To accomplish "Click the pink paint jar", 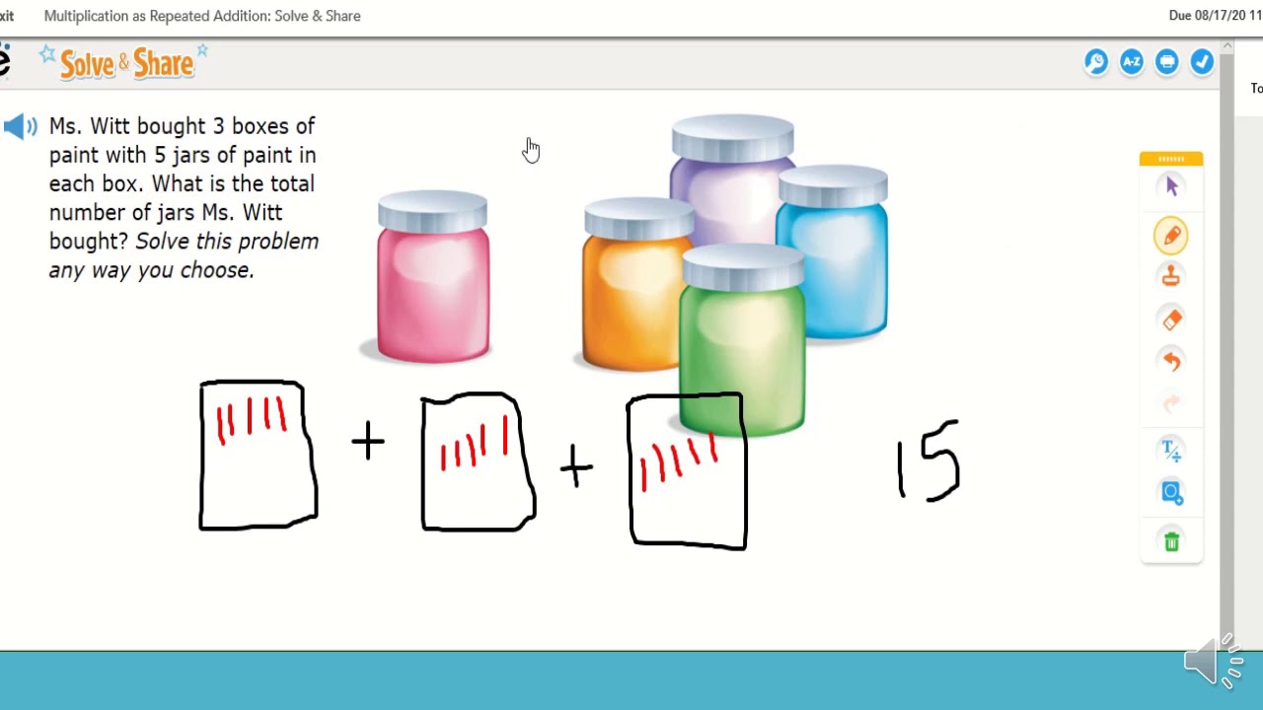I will pyautogui.click(x=433, y=281).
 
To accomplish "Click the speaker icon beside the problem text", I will pyautogui.click(x=21, y=126).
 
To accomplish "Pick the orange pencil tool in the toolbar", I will pyautogui.click(x=1171, y=236).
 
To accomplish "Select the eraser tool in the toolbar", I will pyautogui.click(x=1171, y=319).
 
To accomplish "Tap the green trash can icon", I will pyautogui.click(x=1171, y=541).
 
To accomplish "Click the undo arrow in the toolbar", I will pyautogui.click(x=1171, y=361).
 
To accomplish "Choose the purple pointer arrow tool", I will pyautogui.click(x=1171, y=186).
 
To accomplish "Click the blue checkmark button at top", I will pyautogui.click(x=1202, y=62).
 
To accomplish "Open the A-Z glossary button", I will pyautogui.click(x=1132, y=62).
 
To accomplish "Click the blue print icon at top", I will pyautogui.click(x=1167, y=62).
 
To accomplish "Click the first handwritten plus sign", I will pyautogui.click(x=368, y=441).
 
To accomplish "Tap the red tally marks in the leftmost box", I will pyautogui.click(x=252, y=418).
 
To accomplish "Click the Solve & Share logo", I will pyautogui.click(x=125, y=63).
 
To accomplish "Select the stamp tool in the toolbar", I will pyautogui.click(x=1171, y=277).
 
